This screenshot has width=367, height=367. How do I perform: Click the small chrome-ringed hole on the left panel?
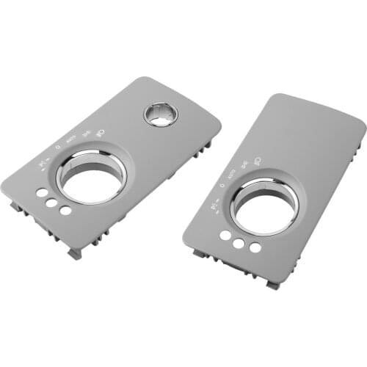pyautogui.click(x=160, y=115)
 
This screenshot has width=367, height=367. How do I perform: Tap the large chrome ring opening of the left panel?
pyautogui.click(x=91, y=177)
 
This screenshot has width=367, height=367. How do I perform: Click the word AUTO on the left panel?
pyautogui.click(x=71, y=139)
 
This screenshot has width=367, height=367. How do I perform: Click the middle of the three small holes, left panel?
pyautogui.click(x=53, y=201)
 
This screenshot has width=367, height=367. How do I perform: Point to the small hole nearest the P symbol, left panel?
pyautogui.click(x=41, y=192)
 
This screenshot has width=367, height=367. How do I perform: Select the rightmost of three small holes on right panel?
pyautogui.click(x=255, y=247)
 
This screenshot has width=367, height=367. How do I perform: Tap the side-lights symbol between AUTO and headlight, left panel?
pyautogui.click(x=84, y=132)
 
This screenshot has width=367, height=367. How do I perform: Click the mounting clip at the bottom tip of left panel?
pyautogui.click(x=75, y=253)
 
